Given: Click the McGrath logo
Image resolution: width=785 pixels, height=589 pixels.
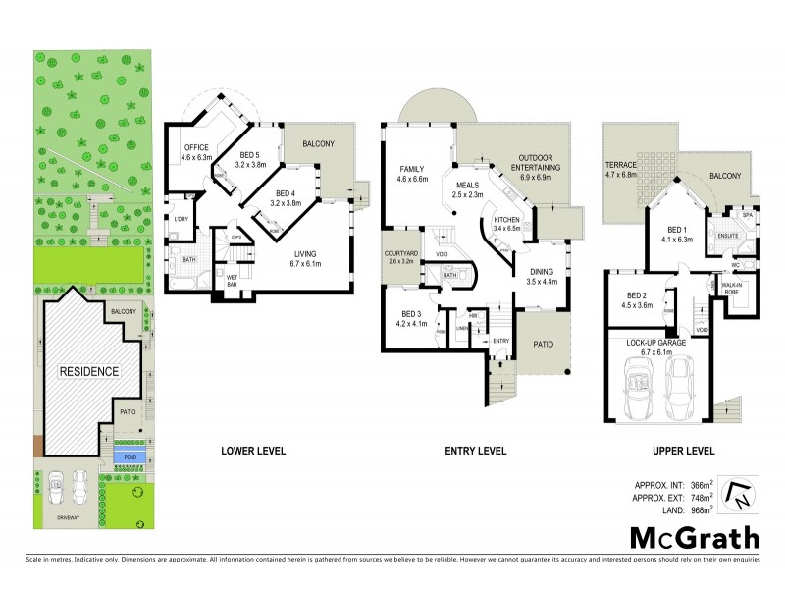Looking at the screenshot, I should click(x=695, y=537).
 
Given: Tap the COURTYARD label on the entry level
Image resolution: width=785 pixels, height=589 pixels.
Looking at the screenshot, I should click(x=401, y=256).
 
